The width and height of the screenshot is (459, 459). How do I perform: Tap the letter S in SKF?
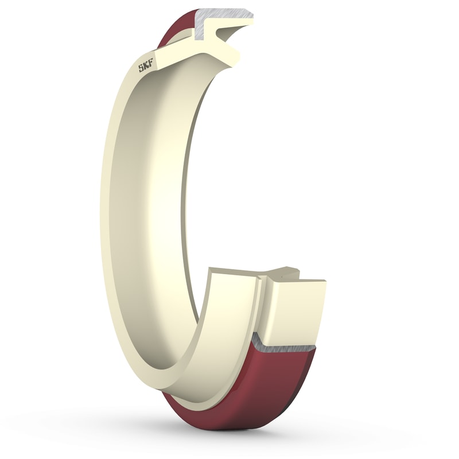click(140, 70)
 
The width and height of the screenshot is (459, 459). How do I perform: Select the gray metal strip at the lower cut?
click(287, 344)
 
